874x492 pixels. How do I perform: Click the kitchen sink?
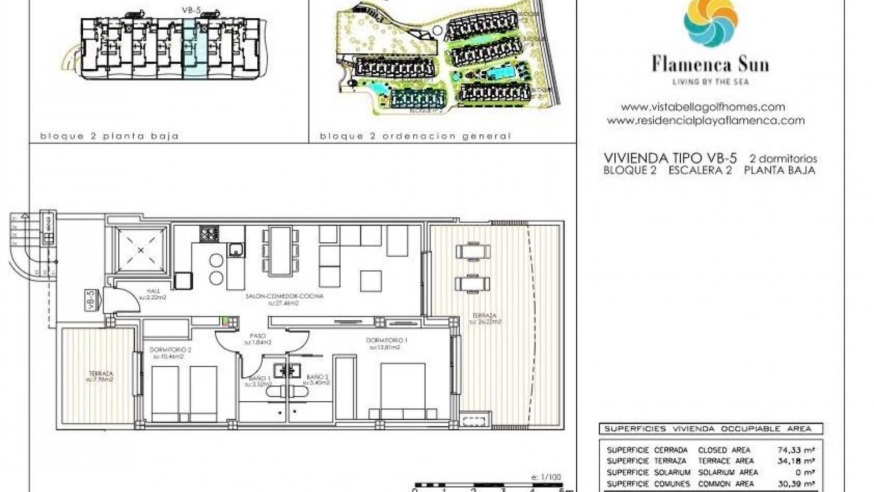point(236,250)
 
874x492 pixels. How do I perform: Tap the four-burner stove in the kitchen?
point(209,235)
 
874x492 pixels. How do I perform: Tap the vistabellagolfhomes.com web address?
point(703,107)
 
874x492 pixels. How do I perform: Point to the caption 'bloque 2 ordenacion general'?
point(415,136)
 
